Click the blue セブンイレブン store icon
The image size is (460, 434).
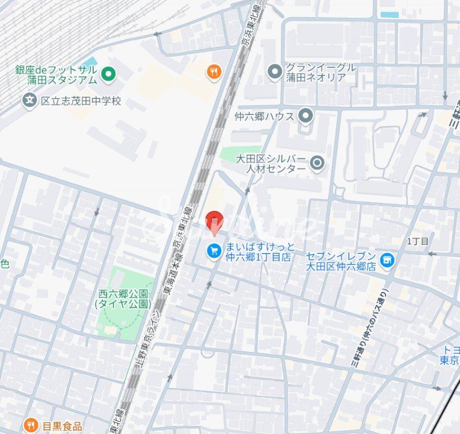pos(387,261)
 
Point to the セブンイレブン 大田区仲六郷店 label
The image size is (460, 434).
pos(341,261)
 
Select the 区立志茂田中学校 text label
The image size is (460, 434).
pos(81,101)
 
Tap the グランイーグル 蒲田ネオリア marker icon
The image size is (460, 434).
pos(274,72)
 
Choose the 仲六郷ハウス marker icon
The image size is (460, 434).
pos(306,116)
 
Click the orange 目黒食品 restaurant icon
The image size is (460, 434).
pos(31,426)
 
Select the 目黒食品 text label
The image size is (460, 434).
pos(62,426)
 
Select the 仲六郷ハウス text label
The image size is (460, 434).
pos(265,116)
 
